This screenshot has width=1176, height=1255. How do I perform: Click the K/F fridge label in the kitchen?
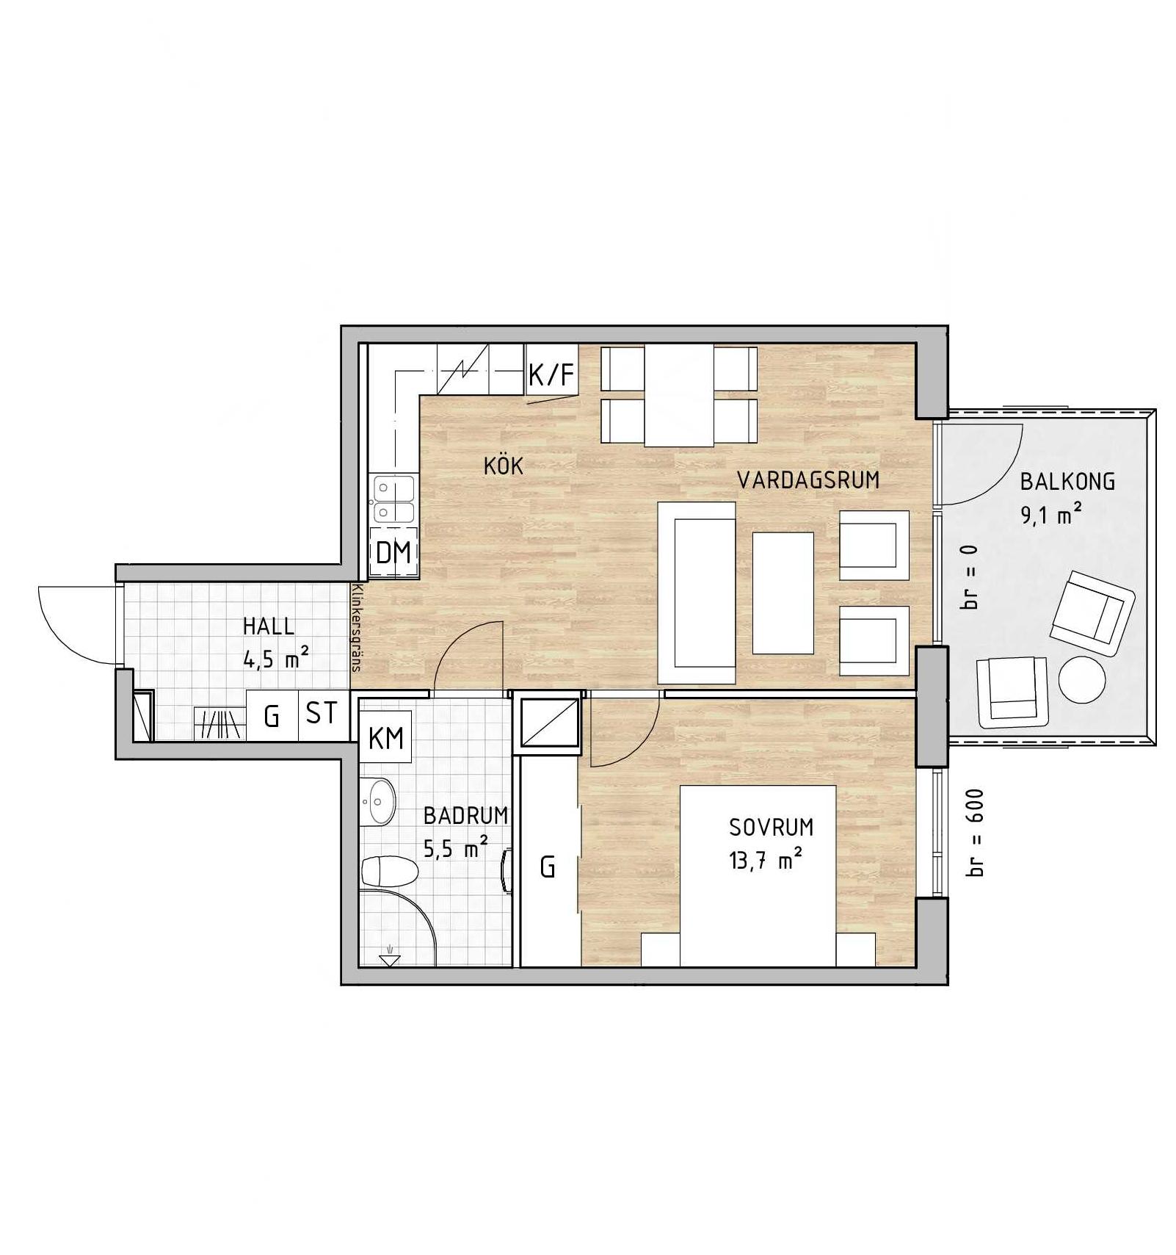point(551,375)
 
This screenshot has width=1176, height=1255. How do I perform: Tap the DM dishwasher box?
point(394,551)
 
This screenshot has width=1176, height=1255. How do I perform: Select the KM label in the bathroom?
point(385,737)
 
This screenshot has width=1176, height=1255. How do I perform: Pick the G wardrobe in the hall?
point(272,715)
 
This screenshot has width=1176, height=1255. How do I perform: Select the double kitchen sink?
point(393,499)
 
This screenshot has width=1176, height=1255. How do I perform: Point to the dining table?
point(679,396)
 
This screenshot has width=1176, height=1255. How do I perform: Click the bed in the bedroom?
point(758,876)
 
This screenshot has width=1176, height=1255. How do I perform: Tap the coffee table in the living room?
point(783,593)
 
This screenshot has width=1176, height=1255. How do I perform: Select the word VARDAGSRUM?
point(808,480)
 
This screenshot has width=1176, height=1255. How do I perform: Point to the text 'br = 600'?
point(975,833)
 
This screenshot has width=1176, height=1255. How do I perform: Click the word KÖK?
point(504,465)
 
